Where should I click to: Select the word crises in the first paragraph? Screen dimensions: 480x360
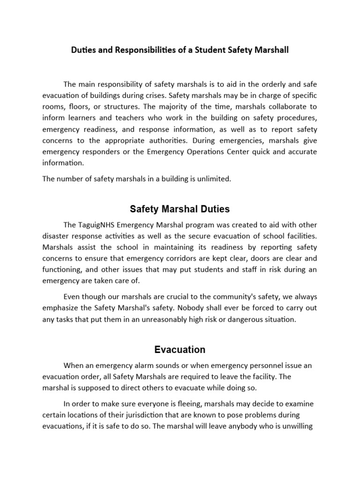(x=162, y=96)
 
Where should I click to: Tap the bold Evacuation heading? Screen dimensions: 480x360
(x=180, y=350)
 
